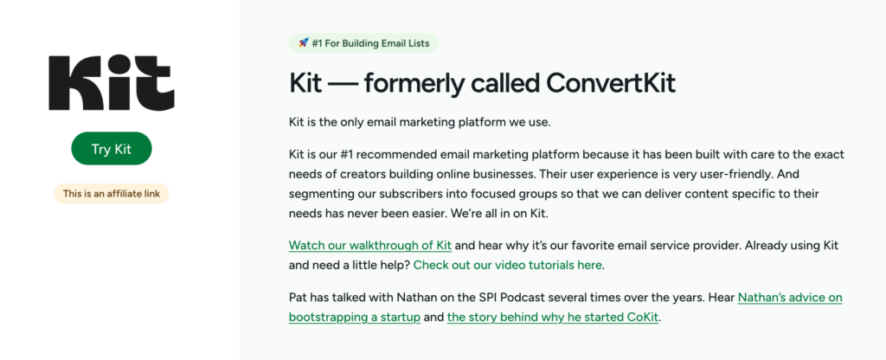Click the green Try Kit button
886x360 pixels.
[112, 149]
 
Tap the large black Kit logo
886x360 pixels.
[112, 82]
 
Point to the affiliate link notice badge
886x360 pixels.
[112, 194]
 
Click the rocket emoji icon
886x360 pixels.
[304, 42]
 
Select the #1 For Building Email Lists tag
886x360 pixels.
[363, 43]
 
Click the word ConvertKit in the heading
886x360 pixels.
[611, 84]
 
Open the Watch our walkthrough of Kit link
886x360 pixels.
[370, 245]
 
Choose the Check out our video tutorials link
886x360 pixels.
[507, 265]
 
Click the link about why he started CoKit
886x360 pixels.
[553, 317]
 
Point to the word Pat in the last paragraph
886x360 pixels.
[298, 298]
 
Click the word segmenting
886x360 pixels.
[319, 194]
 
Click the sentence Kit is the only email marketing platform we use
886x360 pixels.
[420, 122]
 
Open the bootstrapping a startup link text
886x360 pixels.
[354, 317]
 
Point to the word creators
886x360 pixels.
[341, 174]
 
